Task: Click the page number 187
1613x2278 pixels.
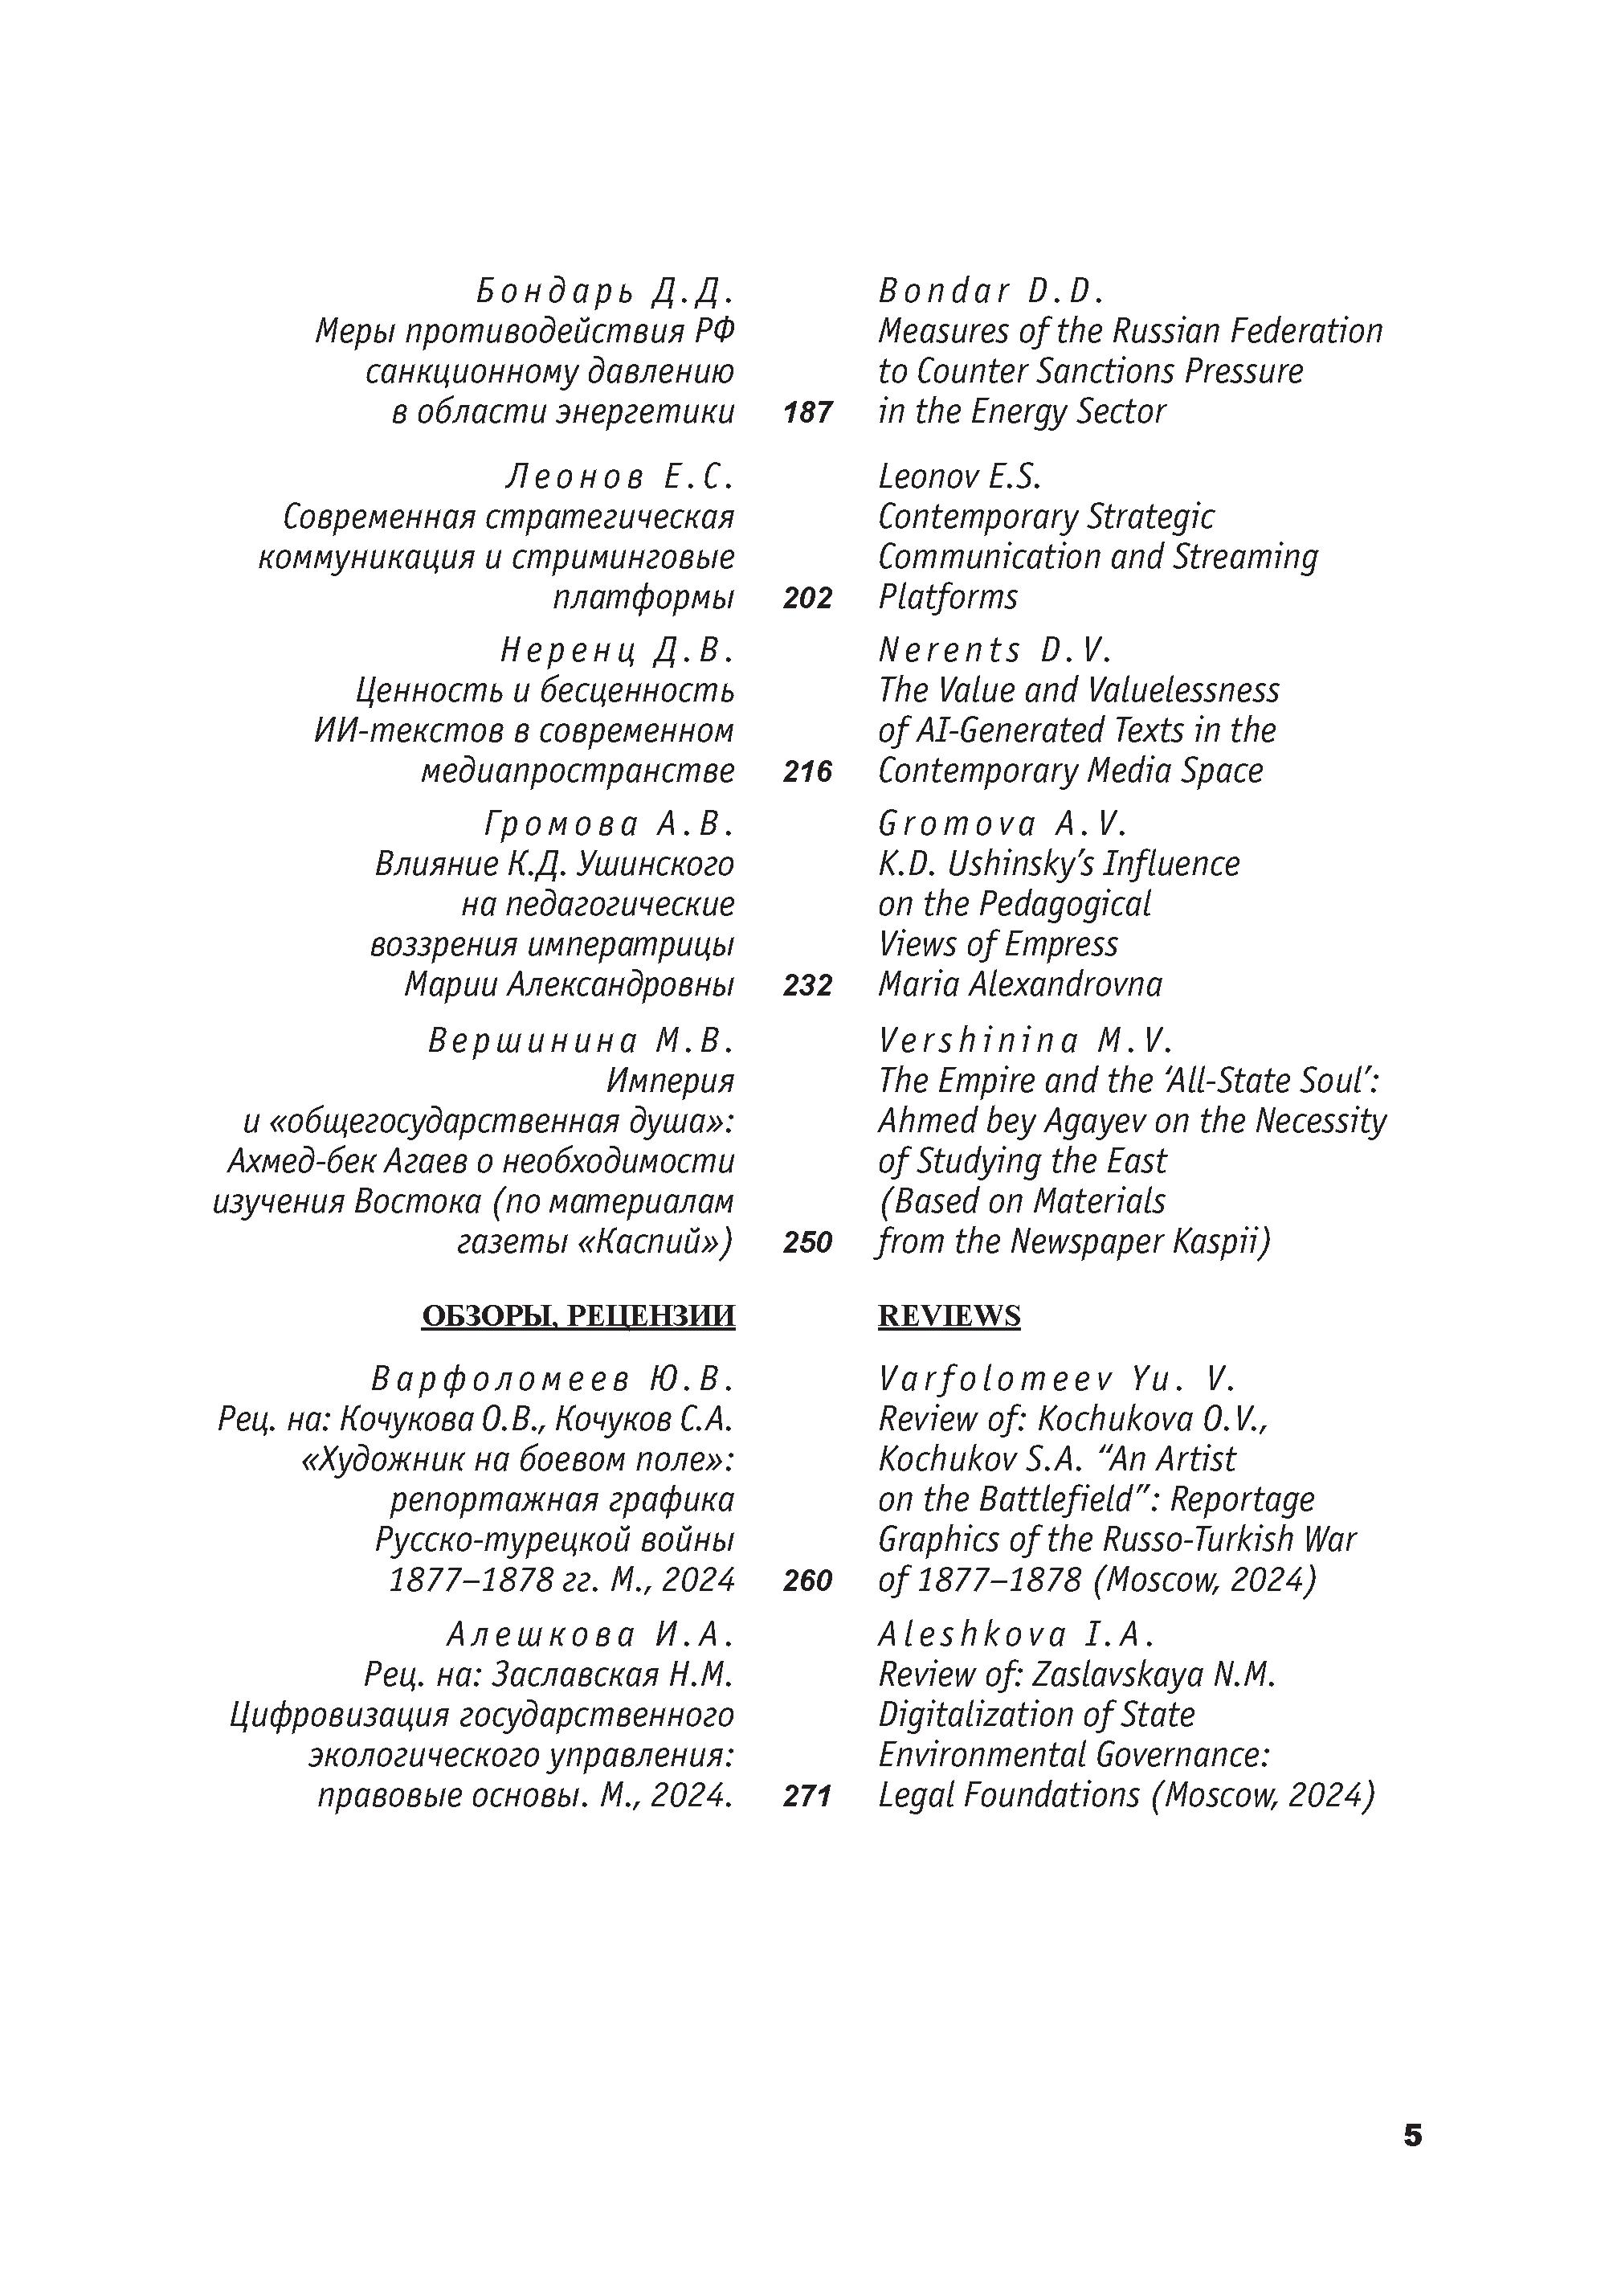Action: point(806,412)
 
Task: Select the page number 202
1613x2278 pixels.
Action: point(806,598)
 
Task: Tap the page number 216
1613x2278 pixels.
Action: point(806,771)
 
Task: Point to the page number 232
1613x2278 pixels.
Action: point(806,985)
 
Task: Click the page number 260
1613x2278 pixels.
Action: point(806,1581)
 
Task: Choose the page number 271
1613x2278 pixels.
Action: point(806,1796)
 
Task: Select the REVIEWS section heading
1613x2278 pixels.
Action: point(949,1315)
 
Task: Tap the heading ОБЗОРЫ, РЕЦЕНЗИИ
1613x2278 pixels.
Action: point(578,1315)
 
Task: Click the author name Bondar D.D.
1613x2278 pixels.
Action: point(991,291)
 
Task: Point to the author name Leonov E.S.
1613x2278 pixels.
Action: point(959,476)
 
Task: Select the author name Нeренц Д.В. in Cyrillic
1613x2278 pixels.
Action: point(617,651)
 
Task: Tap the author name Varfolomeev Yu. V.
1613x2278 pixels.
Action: point(1056,1379)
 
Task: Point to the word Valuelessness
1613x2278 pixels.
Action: point(1184,690)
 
